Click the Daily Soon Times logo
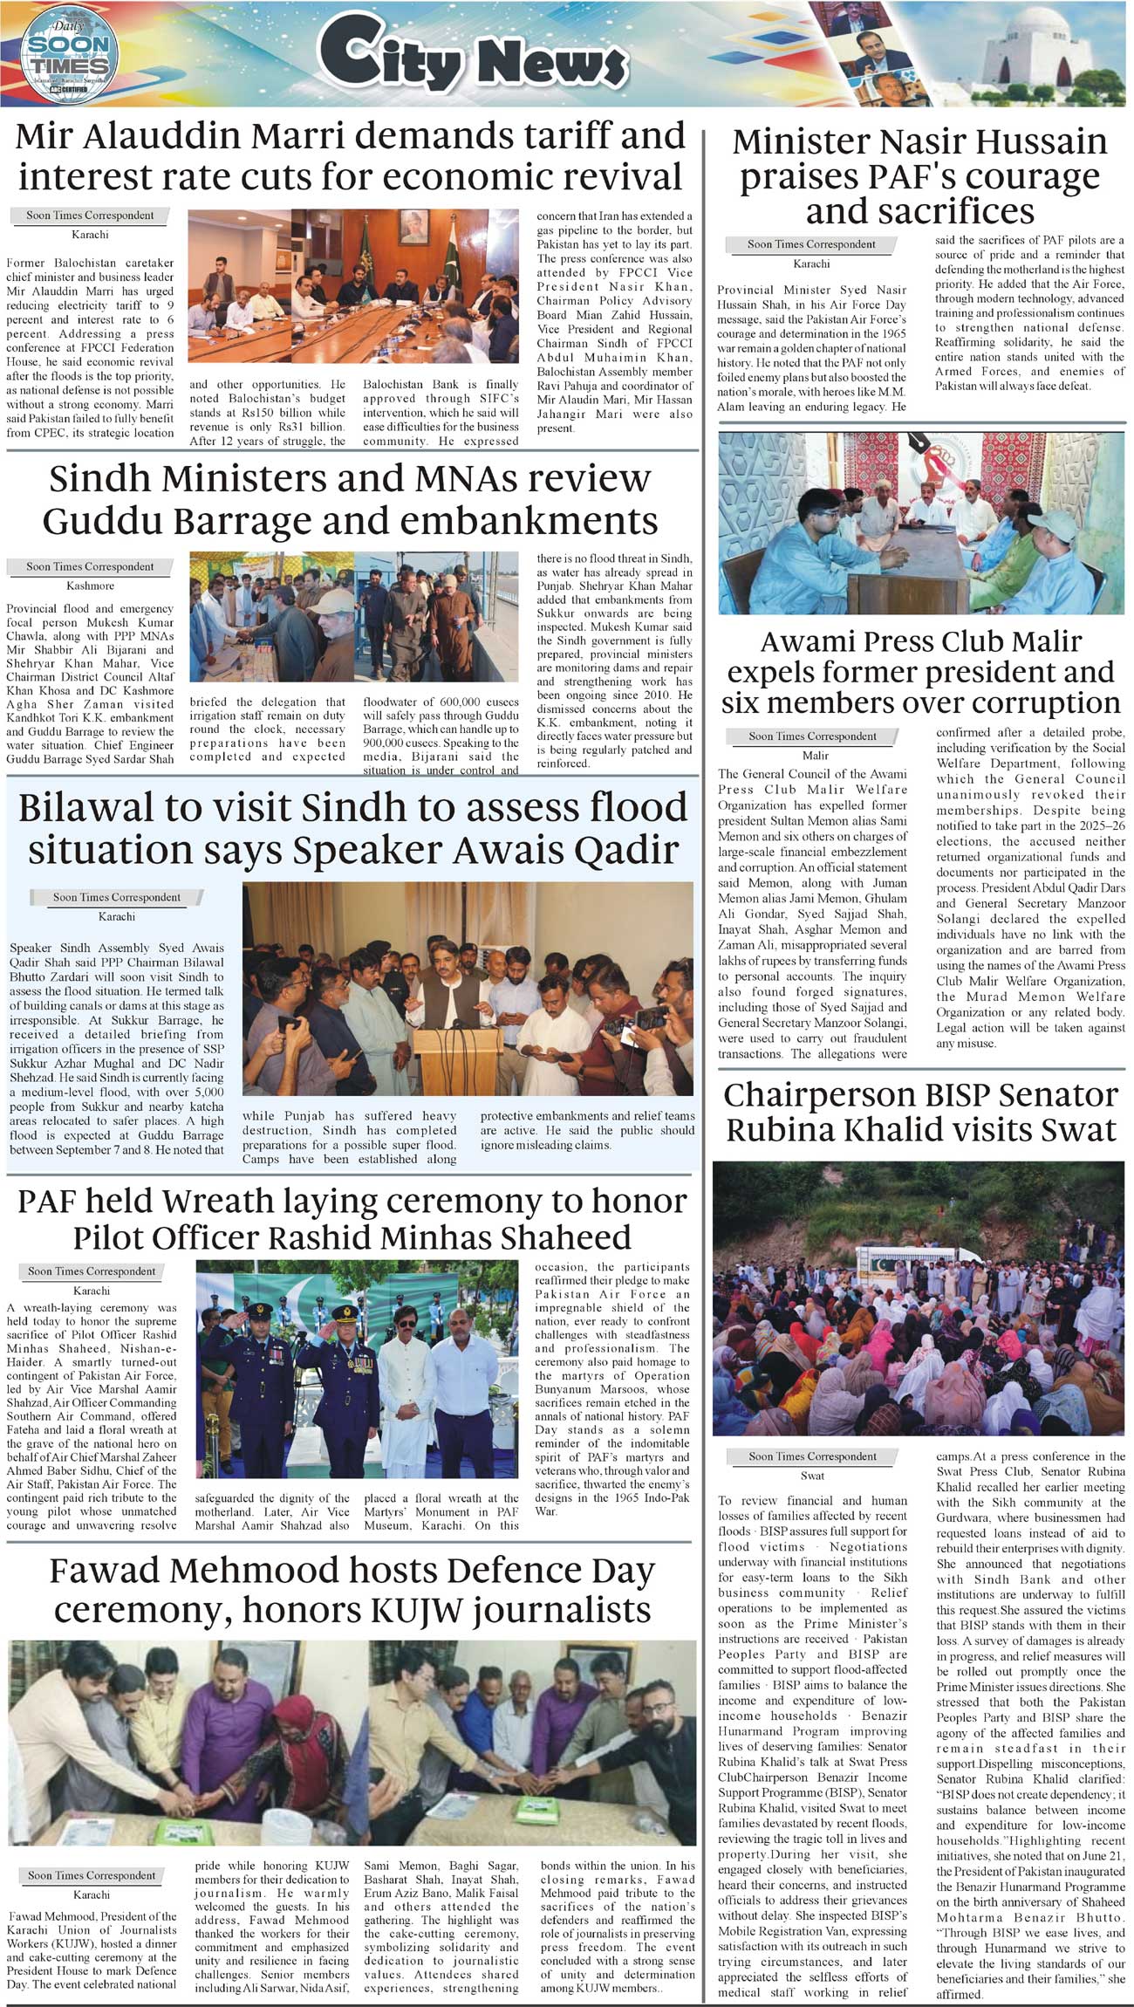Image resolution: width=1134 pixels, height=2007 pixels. (x=65, y=54)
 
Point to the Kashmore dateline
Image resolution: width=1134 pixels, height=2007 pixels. (x=90, y=586)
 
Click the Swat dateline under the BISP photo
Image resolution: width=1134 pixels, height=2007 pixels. (x=812, y=1476)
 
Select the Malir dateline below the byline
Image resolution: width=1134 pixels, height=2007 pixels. (x=815, y=755)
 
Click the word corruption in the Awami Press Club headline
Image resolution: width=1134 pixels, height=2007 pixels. (x=1033, y=703)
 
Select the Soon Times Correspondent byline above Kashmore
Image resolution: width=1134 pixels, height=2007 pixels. (x=90, y=566)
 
